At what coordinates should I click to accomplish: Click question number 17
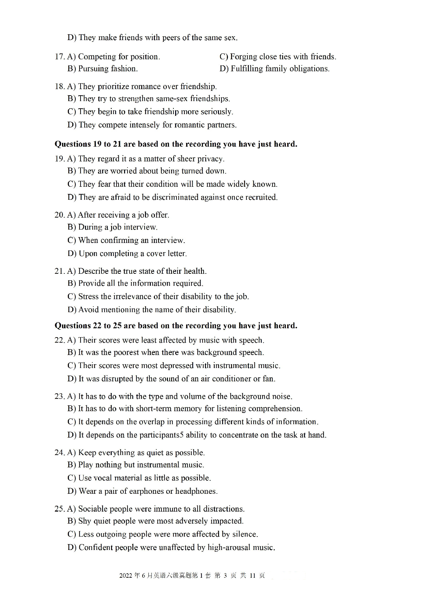(x=59, y=57)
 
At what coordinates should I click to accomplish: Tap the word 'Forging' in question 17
(x=244, y=57)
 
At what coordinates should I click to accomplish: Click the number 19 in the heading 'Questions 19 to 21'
(x=97, y=144)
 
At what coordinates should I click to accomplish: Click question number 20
(x=59, y=215)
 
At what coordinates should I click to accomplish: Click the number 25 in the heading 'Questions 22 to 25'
(x=117, y=326)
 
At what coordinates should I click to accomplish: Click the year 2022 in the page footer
(x=125, y=576)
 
